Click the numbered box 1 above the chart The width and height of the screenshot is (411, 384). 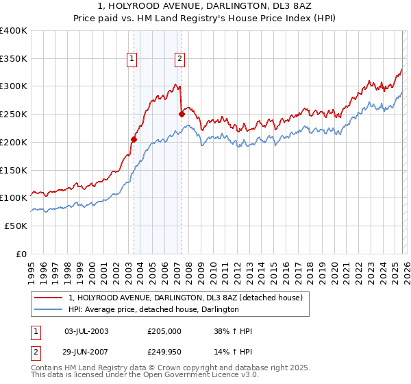(132, 60)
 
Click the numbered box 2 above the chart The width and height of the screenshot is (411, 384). (179, 60)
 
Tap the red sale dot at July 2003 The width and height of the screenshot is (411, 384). (134, 139)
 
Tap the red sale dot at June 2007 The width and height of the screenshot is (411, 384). (182, 115)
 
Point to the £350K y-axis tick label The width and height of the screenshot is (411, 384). (14, 59)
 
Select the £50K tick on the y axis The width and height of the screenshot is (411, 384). (16, 226)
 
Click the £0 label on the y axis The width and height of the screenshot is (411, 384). (22, 254)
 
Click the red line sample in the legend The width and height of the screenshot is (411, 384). (49, 298)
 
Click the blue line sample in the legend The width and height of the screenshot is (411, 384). (49, 310)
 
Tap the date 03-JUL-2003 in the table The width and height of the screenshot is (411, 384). (86, 331)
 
